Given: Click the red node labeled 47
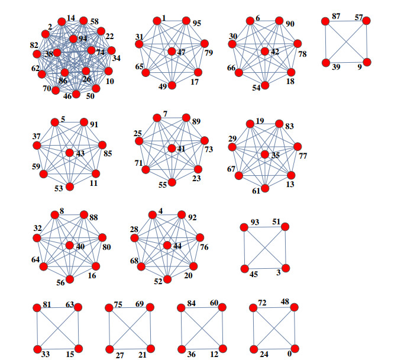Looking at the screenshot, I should point(172,52).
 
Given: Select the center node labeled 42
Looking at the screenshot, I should point(265,51).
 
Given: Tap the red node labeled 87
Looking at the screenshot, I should point(325,21).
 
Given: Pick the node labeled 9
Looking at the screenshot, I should point(367,62).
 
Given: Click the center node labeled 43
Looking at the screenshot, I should point(70,153).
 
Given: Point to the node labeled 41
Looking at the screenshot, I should point(172,148).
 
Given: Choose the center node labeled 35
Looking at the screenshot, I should point(265,155).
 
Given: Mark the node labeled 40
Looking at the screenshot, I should point(70,245).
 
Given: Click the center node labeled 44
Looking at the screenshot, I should point(167,245).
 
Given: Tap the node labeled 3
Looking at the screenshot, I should point(285,268).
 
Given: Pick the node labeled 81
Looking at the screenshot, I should point(38,307).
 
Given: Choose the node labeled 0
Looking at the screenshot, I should point(295,349).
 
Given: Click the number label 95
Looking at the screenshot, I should point(196,24).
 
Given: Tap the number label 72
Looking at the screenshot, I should point(262,303).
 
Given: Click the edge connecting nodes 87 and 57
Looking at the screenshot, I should point(345,21).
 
